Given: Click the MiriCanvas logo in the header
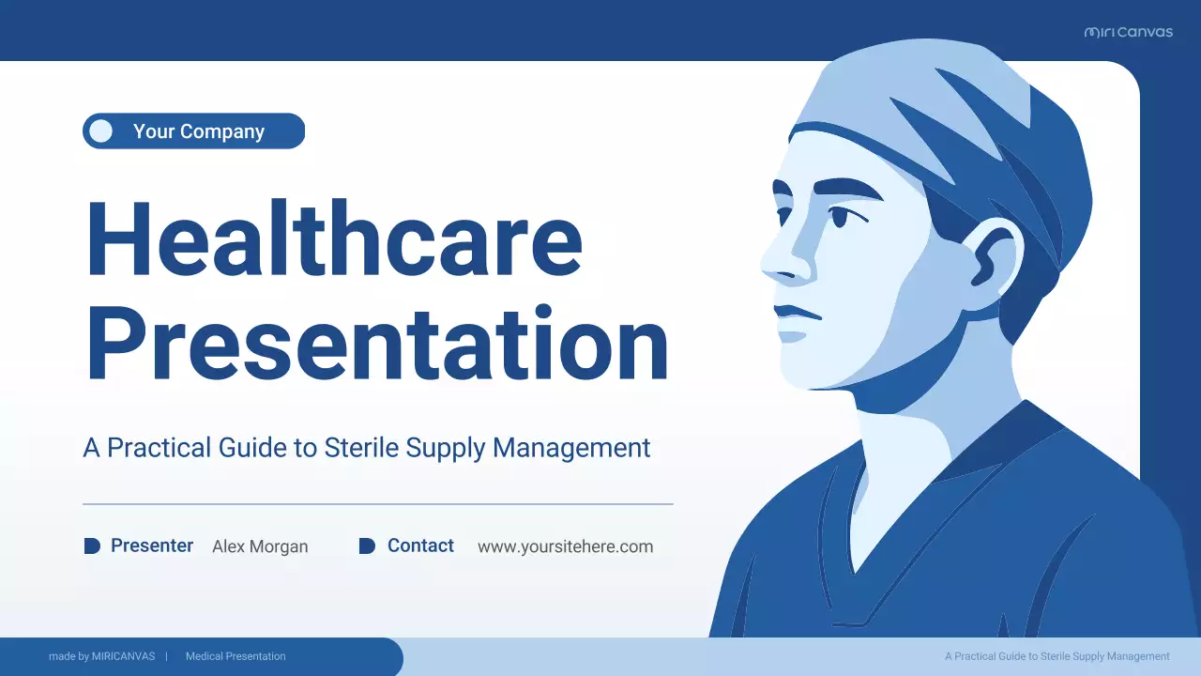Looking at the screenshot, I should tap(1128, 32).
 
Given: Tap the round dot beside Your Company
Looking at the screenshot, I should tap(101, 131).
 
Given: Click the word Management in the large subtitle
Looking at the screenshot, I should tap(571, 448).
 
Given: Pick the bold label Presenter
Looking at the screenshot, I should tap(152, 545).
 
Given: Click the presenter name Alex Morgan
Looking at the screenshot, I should tap(260, 546).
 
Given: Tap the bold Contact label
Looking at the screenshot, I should tap(420, 545).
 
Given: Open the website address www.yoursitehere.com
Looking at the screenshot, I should tap(565, 546).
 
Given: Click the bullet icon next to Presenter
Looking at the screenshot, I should tap(92, 545).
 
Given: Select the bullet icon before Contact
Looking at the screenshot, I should tap(367, 545).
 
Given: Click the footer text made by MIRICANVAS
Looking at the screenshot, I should tap(101, 656).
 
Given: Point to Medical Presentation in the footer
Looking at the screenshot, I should tap(236, 656).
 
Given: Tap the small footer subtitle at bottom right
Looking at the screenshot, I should tap(1057, 656).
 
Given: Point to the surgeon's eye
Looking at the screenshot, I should tap(838, 216).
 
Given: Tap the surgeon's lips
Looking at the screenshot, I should tap(793, 319).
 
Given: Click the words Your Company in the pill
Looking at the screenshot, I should tap(199, 131).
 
